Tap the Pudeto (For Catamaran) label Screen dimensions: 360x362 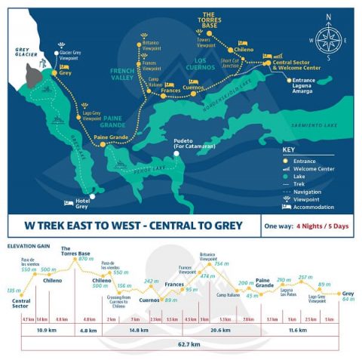coord(193,163)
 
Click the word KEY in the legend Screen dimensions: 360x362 coord(288,149)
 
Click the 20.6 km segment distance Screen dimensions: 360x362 coord(220,331)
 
